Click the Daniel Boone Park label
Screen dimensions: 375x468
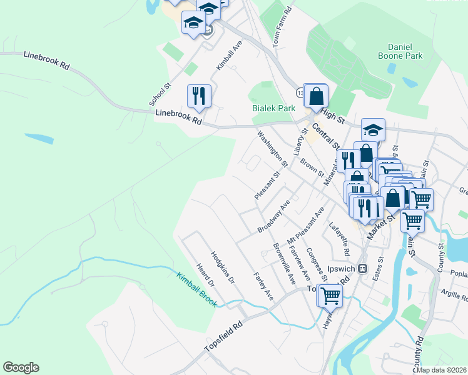tap(400, 51)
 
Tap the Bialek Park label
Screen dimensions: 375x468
tap(273, 108)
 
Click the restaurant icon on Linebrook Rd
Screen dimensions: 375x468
tap(199, 96)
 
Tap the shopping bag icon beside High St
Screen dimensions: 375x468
tap(317, 96)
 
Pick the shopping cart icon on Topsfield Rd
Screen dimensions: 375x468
tap(330, 295)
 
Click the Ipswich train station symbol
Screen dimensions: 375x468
tap(362, 268)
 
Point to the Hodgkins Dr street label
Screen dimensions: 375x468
tap(222, 268)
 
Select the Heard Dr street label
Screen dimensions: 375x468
tap(205, 275)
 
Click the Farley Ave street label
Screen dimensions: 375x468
tap(263, 285)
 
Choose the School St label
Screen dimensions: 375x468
tap(160, 94)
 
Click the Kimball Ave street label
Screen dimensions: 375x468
tap(228, 56)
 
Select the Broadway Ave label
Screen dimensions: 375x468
tap(273, 217)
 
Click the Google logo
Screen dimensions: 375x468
tap(21, 367)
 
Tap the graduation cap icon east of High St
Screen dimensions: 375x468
tap(373, 129)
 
